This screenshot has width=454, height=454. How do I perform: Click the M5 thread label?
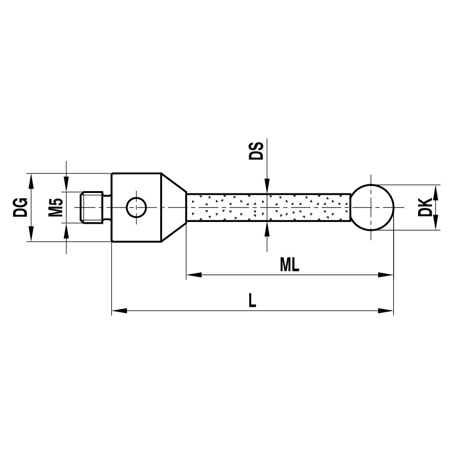pos(55,207)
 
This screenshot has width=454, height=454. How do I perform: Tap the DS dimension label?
pos(256,151)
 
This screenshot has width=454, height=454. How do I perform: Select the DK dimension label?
pos(425,207)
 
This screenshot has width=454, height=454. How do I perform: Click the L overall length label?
pos(252,301)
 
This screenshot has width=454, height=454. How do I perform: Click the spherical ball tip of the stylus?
pos(373,207)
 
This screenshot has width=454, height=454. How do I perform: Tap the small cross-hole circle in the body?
pos(136,207)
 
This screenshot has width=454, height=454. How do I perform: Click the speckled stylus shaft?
pos(268,207)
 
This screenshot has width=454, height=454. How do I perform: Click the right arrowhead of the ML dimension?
pos(386,275)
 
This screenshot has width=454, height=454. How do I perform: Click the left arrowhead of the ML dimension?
pos(193,275)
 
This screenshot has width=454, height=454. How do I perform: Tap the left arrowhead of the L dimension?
pos(118,311)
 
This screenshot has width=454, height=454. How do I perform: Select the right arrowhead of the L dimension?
pos(386,311)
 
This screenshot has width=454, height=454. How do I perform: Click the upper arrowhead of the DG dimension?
pos(31,180)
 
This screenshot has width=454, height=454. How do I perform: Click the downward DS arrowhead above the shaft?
pos(266,189)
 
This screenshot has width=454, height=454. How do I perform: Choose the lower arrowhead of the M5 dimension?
pos(67,230)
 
